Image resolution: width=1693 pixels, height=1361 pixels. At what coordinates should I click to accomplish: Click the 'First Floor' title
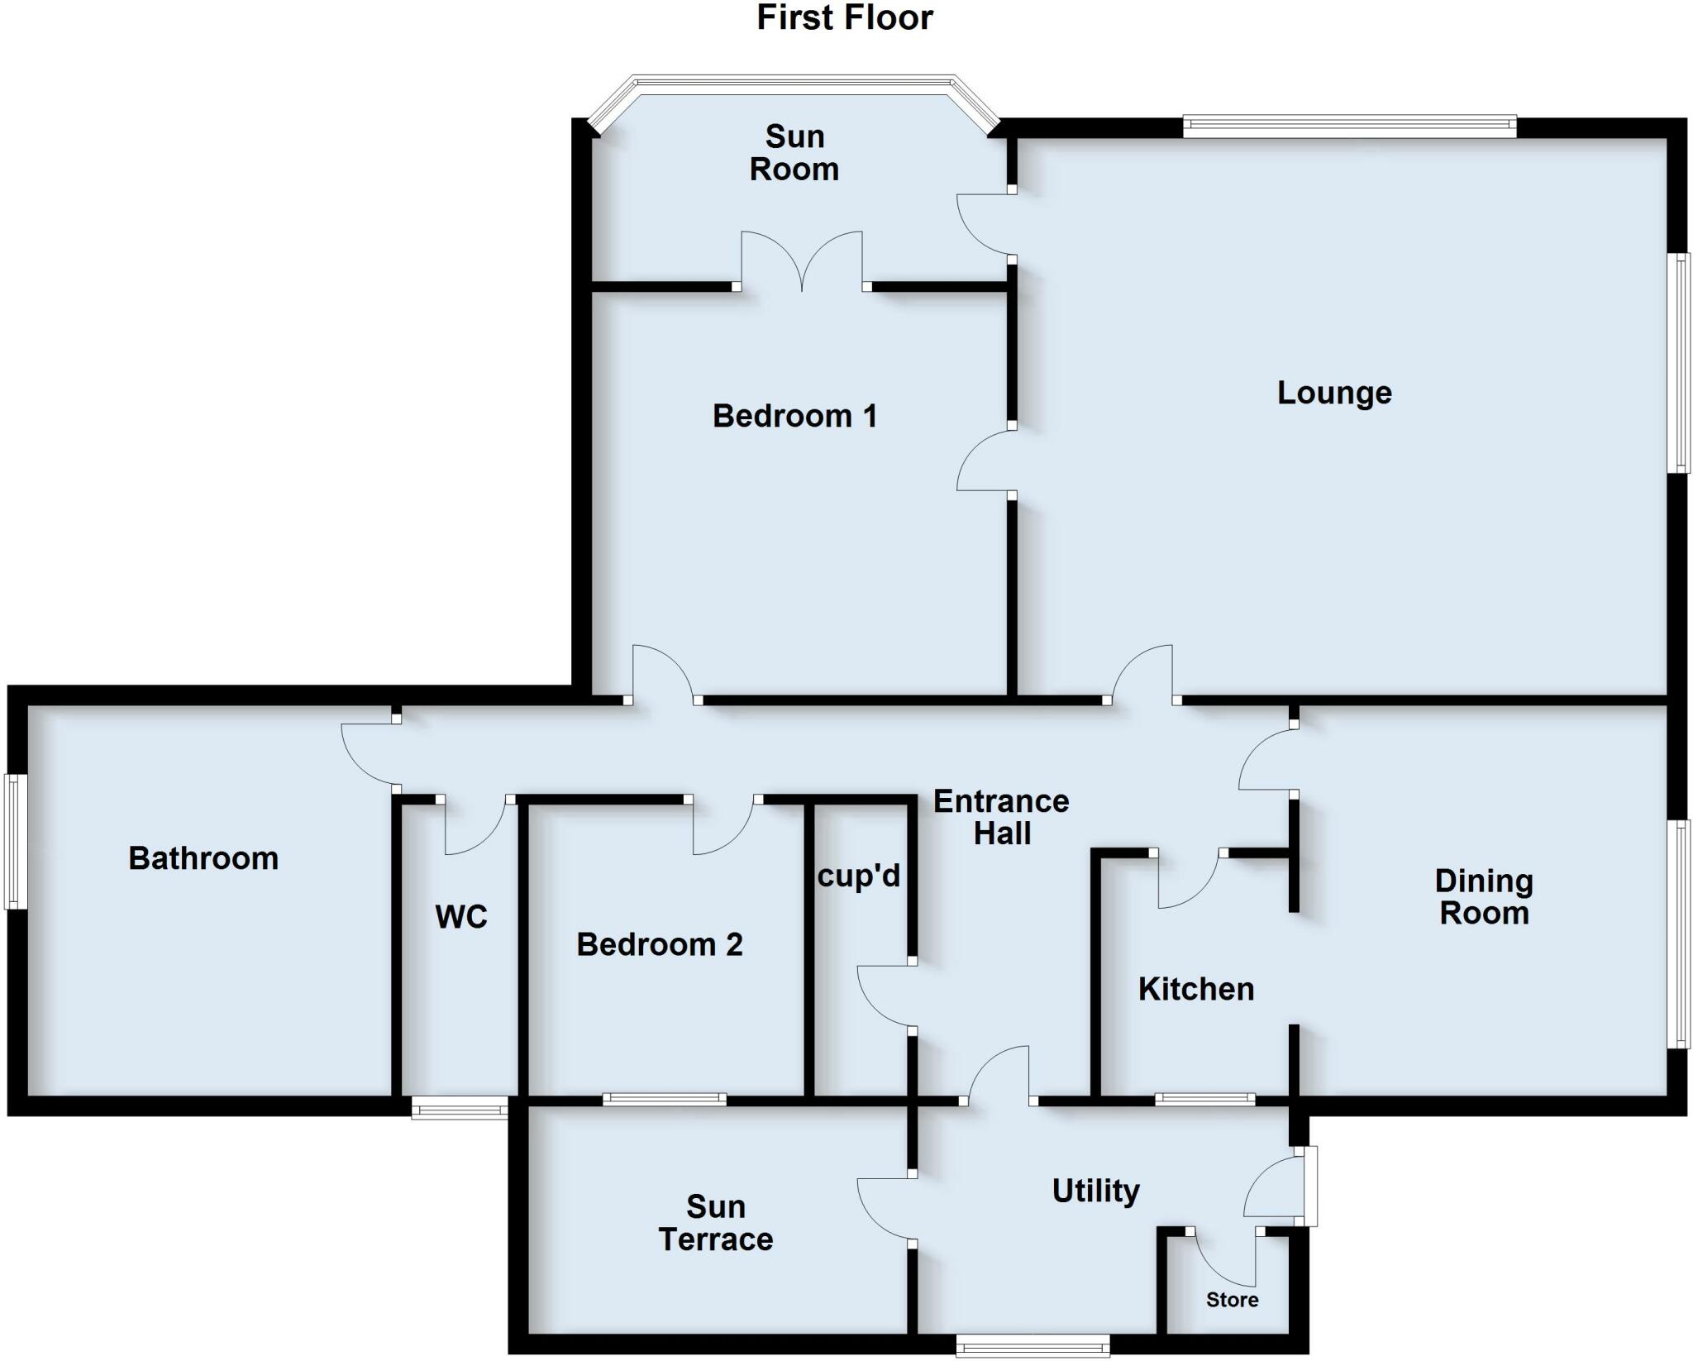(x=844, y=18)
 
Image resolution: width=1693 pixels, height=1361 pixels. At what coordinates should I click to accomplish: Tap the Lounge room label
(x=1333, y=393)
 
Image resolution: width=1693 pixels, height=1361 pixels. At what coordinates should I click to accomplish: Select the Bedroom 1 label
(x=794, y=416)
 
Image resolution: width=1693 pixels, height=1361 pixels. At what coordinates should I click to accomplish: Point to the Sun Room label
(x=794, y=153)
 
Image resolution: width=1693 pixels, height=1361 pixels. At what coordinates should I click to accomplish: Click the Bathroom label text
(x=203, y=858)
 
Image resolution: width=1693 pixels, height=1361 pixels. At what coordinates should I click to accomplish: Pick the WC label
(x=461, y=916)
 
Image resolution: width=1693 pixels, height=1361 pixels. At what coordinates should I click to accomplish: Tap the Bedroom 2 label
(x=660, y=944)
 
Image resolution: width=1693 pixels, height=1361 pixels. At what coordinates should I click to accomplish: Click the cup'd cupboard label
(x=858, y=876)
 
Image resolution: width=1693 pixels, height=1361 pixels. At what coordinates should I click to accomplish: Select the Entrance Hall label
(x=1001, y=817)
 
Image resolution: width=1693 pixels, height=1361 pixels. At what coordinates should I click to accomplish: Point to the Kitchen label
(x=1195, y=989)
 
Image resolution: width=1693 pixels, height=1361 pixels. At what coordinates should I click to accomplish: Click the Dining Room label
(x=1484, y=897)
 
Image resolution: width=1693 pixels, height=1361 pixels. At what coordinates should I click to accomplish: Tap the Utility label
(x=1095, y=1191)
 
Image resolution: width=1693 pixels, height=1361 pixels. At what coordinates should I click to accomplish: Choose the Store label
(x=1232, y=1300)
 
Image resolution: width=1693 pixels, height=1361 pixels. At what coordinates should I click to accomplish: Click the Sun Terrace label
(x=716, y=1223)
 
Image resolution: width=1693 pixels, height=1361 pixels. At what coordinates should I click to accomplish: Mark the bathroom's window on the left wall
(x=15, y=841)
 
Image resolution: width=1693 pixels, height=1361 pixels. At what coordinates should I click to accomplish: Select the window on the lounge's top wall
(x=1349, y=127)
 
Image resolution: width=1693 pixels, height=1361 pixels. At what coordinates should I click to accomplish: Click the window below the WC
(x=460, y=1107)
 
